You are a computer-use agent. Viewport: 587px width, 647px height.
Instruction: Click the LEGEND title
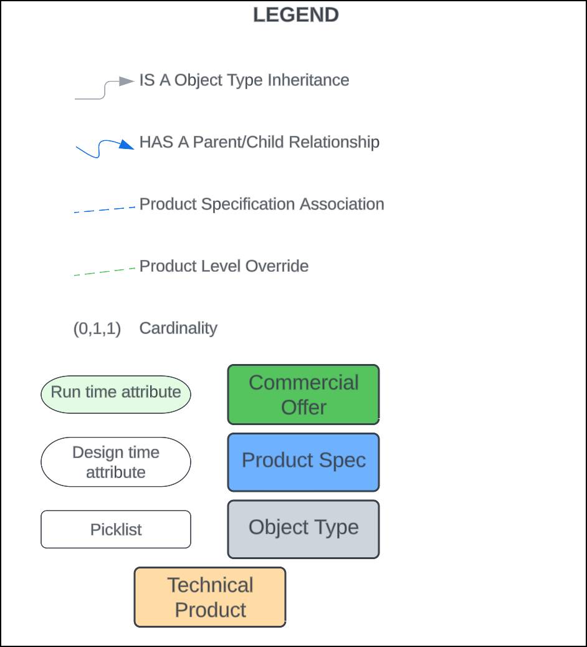click(296, 15)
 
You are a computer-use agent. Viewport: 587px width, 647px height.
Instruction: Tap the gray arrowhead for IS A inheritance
click(126, 81)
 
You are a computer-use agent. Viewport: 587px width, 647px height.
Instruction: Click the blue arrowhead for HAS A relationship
click(126, 144)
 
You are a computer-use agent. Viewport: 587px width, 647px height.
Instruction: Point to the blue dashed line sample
click(104, 209)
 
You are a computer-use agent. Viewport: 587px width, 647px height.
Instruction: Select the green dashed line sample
click(104, 272)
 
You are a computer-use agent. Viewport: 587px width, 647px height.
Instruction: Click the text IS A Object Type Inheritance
click(244, 80)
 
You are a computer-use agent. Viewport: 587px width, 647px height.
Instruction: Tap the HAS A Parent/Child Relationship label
click(259, 142)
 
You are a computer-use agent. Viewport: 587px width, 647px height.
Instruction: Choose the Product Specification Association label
click(262, 204)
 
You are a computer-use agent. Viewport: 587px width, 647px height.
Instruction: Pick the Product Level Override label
click(224, 266)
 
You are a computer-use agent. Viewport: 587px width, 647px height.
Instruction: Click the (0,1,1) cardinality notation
click(97, 328)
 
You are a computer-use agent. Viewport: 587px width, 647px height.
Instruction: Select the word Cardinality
click(178, 328)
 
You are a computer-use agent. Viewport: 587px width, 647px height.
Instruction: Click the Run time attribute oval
click(116, 395)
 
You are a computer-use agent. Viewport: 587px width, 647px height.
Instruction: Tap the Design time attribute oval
click(116, 462)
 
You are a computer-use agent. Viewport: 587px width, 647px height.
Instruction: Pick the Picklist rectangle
click(116, 529)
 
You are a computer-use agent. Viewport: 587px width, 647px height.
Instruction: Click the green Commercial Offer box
click(303, 395)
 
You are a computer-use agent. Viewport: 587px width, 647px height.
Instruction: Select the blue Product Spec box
click(303, 462)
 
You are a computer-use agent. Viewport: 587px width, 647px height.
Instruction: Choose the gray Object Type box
click(303, 529)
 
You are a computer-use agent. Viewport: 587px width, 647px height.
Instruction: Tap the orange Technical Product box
click(210, 597)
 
